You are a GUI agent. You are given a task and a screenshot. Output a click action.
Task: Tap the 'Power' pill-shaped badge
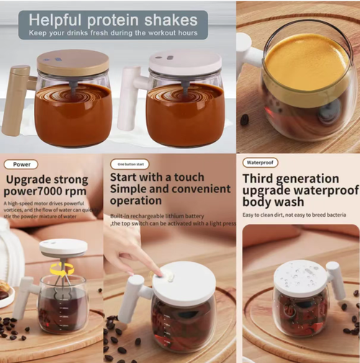coord(22,163)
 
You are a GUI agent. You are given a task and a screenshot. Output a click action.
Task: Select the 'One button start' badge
coord(130,163)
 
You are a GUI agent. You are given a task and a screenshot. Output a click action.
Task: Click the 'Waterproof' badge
coord(259,163)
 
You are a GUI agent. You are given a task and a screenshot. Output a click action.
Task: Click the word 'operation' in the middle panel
coord(136,200)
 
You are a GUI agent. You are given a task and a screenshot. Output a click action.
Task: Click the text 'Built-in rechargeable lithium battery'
coord(156,215)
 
